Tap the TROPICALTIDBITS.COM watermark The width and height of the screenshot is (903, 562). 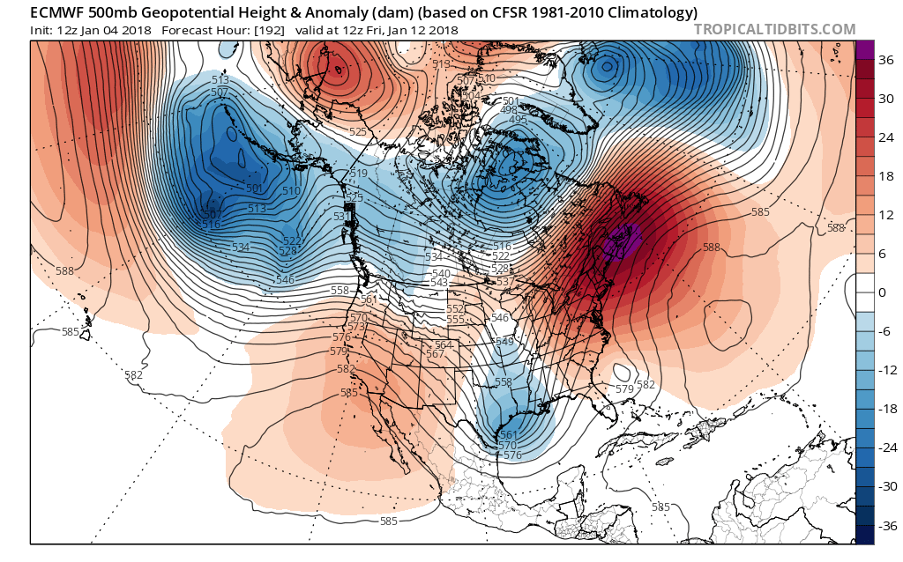(x=774, y=29)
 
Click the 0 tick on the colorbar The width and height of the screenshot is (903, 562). (x=882, y=292)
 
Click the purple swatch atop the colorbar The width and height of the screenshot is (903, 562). (x=864, y=49)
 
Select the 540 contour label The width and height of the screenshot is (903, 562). (x=441, y=274)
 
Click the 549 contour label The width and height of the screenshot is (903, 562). (x=504, y=341)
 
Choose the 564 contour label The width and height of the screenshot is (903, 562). (x=444, y=344)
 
